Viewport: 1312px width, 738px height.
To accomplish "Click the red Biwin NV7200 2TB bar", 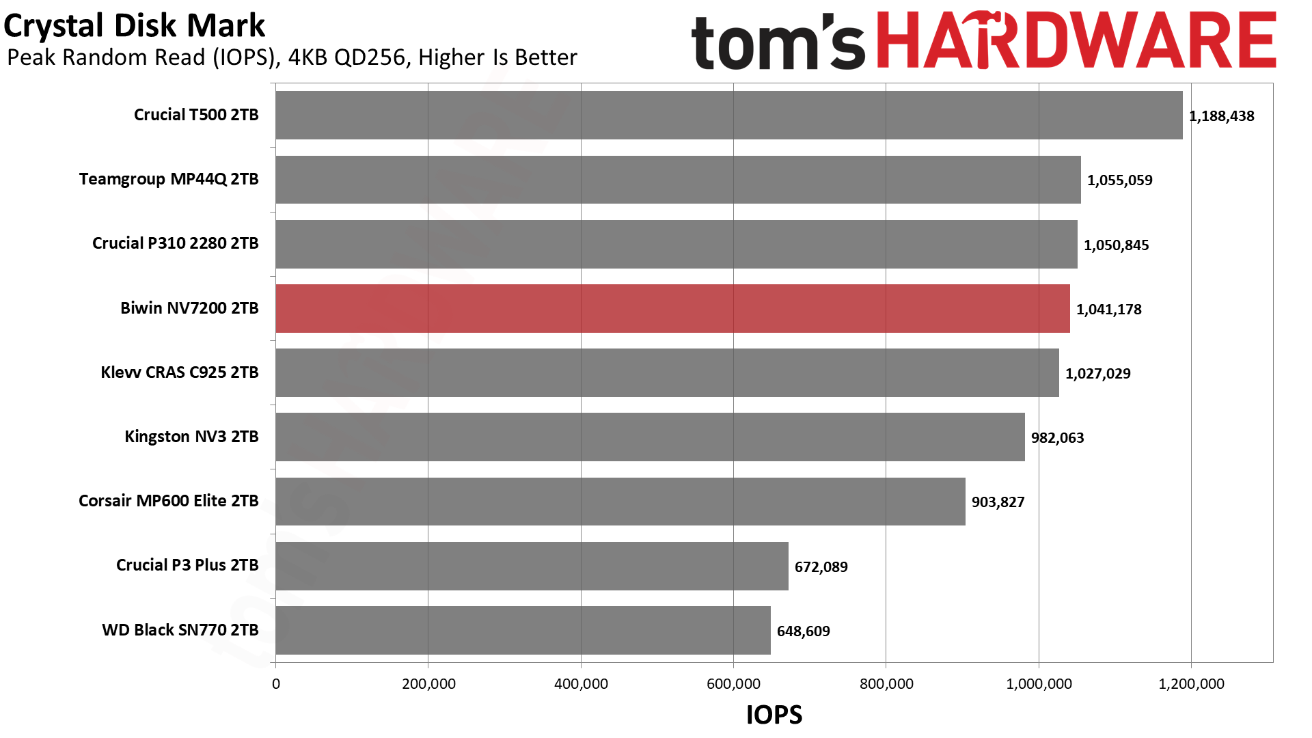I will coord(672,309).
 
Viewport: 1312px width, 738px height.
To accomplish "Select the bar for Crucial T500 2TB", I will coord(728,115).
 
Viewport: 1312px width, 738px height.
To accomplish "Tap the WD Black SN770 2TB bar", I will coord(523,631).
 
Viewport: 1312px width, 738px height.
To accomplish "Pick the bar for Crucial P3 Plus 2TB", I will coord(532,566).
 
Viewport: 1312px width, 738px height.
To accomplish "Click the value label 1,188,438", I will coord(1221,116).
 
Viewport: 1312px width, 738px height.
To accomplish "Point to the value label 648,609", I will coord(803,631).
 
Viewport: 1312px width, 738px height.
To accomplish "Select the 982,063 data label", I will coord(1057,438).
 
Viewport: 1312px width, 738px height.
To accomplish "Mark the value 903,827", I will coord(998,502).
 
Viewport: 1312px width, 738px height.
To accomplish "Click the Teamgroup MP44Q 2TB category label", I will coord(169,179).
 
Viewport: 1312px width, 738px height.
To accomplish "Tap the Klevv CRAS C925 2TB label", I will coord(180,372).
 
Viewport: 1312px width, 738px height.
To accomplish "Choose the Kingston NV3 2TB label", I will coord(191,437).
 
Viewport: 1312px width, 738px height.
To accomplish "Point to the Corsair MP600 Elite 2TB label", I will coord(169,501).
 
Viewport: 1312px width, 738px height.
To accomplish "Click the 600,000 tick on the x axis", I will coord(733,684).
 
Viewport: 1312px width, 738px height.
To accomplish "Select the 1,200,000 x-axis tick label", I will coord(1191,684).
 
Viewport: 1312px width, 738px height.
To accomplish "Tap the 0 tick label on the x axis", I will coord(276,684).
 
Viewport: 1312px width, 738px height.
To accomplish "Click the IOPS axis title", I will coord(774,715).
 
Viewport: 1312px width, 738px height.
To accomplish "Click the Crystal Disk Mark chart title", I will coord(134,26).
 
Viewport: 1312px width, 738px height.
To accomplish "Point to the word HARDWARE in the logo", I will coord(1076,41).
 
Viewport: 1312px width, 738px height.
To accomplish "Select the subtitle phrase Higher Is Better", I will coord(497,57).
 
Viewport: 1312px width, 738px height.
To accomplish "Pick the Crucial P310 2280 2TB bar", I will coord(676,245).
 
